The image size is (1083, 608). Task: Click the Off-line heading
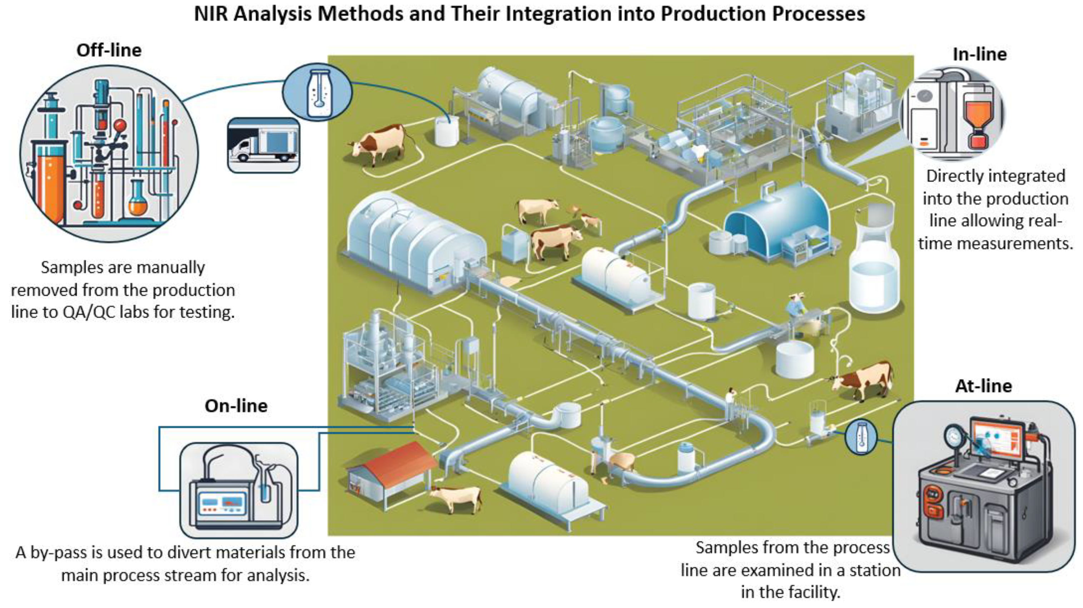pos(109,50)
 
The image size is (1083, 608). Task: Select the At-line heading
pos(983,386)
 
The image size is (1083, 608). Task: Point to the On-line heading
pos(236,406)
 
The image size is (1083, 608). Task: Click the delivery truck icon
pos(263,145)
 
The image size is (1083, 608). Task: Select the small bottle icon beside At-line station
pos(861,437)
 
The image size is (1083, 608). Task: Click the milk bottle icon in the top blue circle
pos(317,92)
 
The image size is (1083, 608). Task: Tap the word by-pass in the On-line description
pos(58,552)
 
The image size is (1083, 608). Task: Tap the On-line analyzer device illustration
pos(238,492)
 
